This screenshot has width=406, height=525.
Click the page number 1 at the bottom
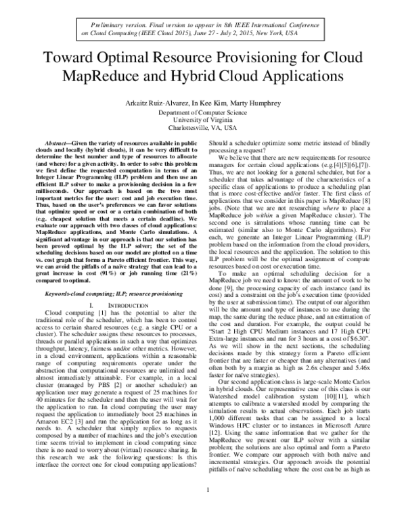point(202,507)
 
